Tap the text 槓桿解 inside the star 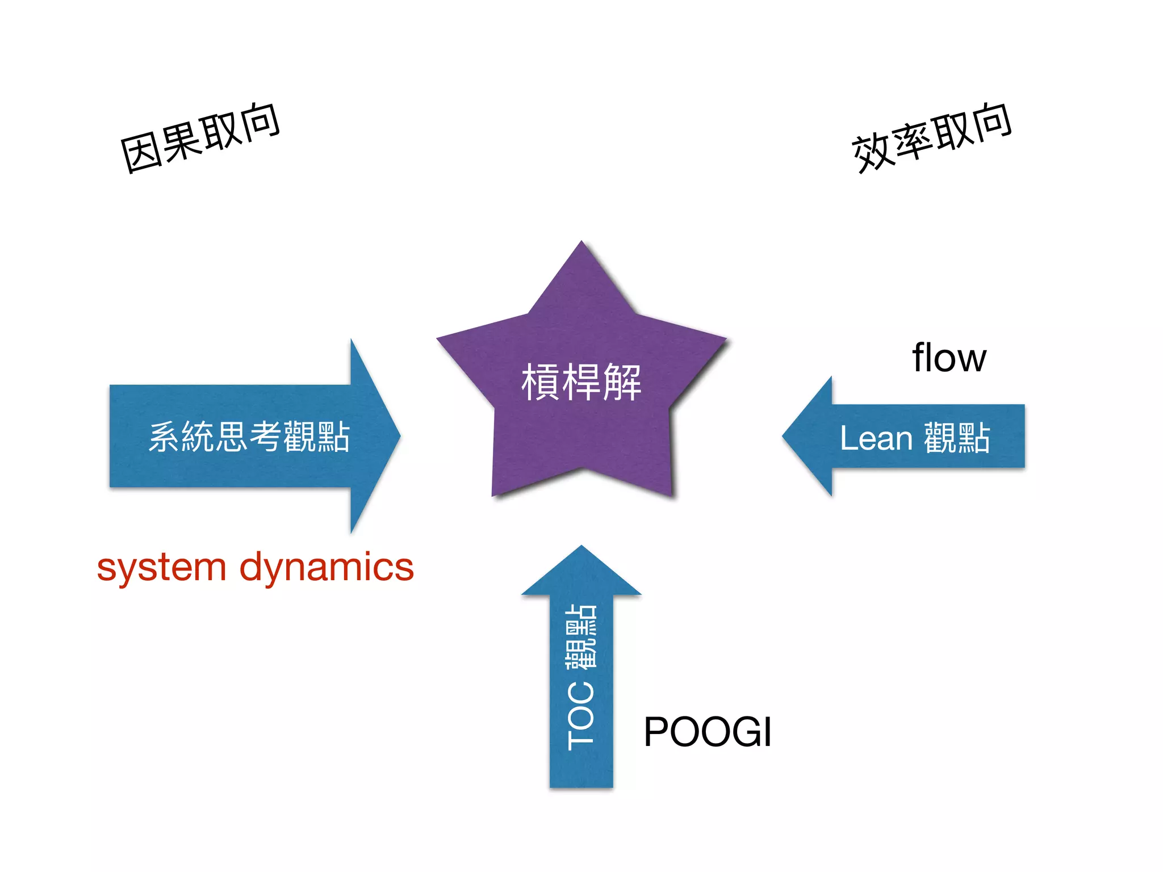[581, 382]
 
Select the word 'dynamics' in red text [327, 568]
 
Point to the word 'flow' [949, 358]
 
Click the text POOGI [708, 732]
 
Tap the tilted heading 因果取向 [200, 138]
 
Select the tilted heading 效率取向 [931, 138]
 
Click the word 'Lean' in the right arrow [876, 438]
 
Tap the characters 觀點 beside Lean [957, 438]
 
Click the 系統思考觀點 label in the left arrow [249, 437]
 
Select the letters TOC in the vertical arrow [581, 715]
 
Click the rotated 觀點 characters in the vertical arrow [581, 636]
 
